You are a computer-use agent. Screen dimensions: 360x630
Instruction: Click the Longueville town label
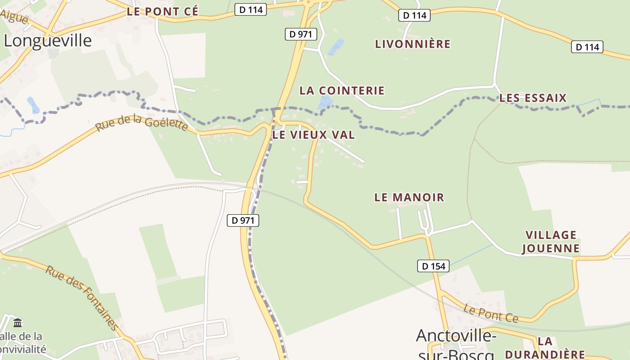pyautogui.click(x=48, y=40)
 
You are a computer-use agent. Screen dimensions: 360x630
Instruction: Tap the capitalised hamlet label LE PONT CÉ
pyautogui.click(x=162, y=12)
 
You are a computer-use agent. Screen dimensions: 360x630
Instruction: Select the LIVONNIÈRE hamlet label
pyautogui.click(x=413, y=44)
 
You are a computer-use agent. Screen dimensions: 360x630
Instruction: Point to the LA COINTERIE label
pyautogui.click(x=342, y=90)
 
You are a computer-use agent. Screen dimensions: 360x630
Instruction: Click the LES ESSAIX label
pyautogui.click(x=533, y=98)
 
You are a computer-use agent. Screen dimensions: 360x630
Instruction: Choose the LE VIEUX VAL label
pyautogui.click(x=314, y=135)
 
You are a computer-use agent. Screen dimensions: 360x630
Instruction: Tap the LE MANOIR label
pyautogui.click(x=409, y=197)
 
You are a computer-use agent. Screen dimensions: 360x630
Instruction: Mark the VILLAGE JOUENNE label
pyautogui.click(x=551, y=242)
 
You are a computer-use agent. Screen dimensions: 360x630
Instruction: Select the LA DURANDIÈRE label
pyautogui.click(x=545, y=348)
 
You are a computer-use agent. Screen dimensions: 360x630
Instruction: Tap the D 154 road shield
pyautogui.click(x=434, y=266)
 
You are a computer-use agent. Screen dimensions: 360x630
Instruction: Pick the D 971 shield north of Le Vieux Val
pyautogui.click(x=301, y=34)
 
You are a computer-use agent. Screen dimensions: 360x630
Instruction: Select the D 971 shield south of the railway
pyautogui.click(x=243, y=220)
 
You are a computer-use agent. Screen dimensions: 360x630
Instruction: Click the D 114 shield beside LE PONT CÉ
pyautogui.click(x=251, y=9)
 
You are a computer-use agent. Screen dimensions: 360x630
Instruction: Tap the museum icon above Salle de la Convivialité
pyautogui.click(x=18, y=323)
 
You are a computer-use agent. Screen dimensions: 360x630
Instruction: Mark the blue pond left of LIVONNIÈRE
pyautogui.click(x=336, y=47)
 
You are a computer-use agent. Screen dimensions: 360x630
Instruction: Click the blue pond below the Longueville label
pyautogui.click(x=33, y=105)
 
